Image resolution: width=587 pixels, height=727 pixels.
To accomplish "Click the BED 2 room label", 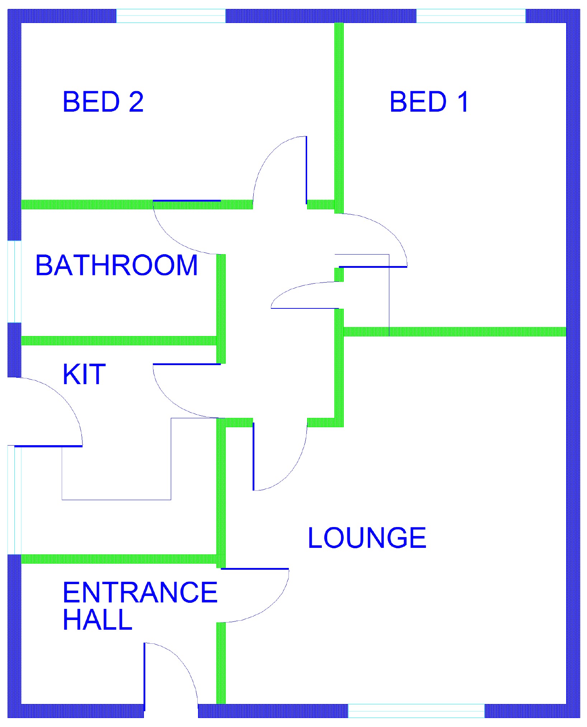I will click(103, 102).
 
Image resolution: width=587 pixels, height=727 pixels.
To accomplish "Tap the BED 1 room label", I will click(429, 102).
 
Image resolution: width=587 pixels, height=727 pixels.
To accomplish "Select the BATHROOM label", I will click(117, 265).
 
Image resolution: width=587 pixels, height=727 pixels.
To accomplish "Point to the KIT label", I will click(84, 374).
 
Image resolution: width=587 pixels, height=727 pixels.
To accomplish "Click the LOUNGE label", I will click(367, 538).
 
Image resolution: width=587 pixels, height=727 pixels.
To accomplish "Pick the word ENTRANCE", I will click(140, 592).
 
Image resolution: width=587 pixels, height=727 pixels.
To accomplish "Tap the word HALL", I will click(98, 620).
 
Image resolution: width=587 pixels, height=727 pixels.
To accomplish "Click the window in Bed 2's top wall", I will click(171, 16).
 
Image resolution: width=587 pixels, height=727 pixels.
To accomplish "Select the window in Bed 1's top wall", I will click(471, 16).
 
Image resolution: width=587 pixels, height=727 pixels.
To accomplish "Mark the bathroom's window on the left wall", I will click(14, 281).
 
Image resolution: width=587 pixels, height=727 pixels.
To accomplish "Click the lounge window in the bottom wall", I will click(416, 710).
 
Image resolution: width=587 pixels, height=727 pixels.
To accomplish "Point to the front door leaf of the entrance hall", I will click(145, 676).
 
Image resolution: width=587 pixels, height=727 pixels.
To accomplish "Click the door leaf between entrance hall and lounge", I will click(255, 569).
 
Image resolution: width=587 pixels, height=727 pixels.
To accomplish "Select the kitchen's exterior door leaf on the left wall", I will click(48, 446).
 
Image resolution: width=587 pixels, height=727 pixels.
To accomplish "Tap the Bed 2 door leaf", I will click(306, 170).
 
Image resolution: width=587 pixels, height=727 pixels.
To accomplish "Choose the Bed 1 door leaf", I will click(373, 267).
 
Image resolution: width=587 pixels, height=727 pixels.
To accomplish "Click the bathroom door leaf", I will click(187, 201).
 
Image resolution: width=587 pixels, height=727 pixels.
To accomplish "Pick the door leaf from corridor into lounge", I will click(253, 456).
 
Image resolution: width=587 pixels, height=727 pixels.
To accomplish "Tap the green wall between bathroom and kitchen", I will click(118, 340).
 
